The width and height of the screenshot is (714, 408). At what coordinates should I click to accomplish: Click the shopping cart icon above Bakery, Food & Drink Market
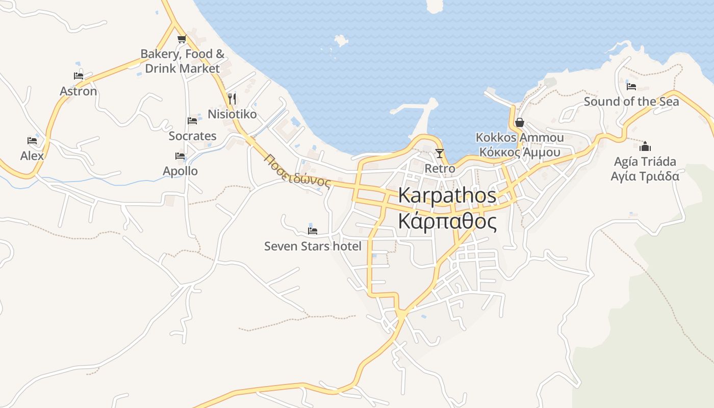tap(182, 39)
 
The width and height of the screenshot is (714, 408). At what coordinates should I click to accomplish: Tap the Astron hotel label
tap(78, 91)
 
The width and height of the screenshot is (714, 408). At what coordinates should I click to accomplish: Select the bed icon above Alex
tap(32, 141)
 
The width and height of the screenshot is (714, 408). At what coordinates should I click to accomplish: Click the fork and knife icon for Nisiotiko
tap(232, 98)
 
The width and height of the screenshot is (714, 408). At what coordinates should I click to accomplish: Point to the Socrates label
tap(192, 136)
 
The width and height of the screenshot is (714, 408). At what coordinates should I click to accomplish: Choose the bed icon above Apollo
tap(180, 156)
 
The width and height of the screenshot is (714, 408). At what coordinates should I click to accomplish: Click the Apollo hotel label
tap(180, 171)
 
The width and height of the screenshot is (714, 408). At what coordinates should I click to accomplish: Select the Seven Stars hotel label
tap(313, 246)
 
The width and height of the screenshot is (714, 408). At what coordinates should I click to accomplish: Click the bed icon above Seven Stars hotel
tap(313, 231)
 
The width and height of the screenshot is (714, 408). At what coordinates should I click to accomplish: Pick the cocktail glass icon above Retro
tap(440, 153)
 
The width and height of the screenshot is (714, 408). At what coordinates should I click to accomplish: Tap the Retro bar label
tap(440, 168)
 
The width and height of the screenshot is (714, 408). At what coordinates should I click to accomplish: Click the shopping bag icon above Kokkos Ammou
tap(520, 122)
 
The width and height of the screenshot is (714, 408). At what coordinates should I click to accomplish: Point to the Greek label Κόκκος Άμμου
tap(520, 152)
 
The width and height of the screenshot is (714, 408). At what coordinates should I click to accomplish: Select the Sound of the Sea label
tap(631, 101)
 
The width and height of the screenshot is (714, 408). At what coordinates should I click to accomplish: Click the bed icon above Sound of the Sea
tap(631, 87)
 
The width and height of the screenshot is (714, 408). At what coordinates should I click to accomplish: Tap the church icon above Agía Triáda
tap(645, 147)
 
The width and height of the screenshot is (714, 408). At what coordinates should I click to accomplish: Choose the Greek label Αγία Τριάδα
tap(645, 176)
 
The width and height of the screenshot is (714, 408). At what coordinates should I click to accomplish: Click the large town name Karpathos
tap(447, 195)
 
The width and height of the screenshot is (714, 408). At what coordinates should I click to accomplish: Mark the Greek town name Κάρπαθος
tap(447, 222)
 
